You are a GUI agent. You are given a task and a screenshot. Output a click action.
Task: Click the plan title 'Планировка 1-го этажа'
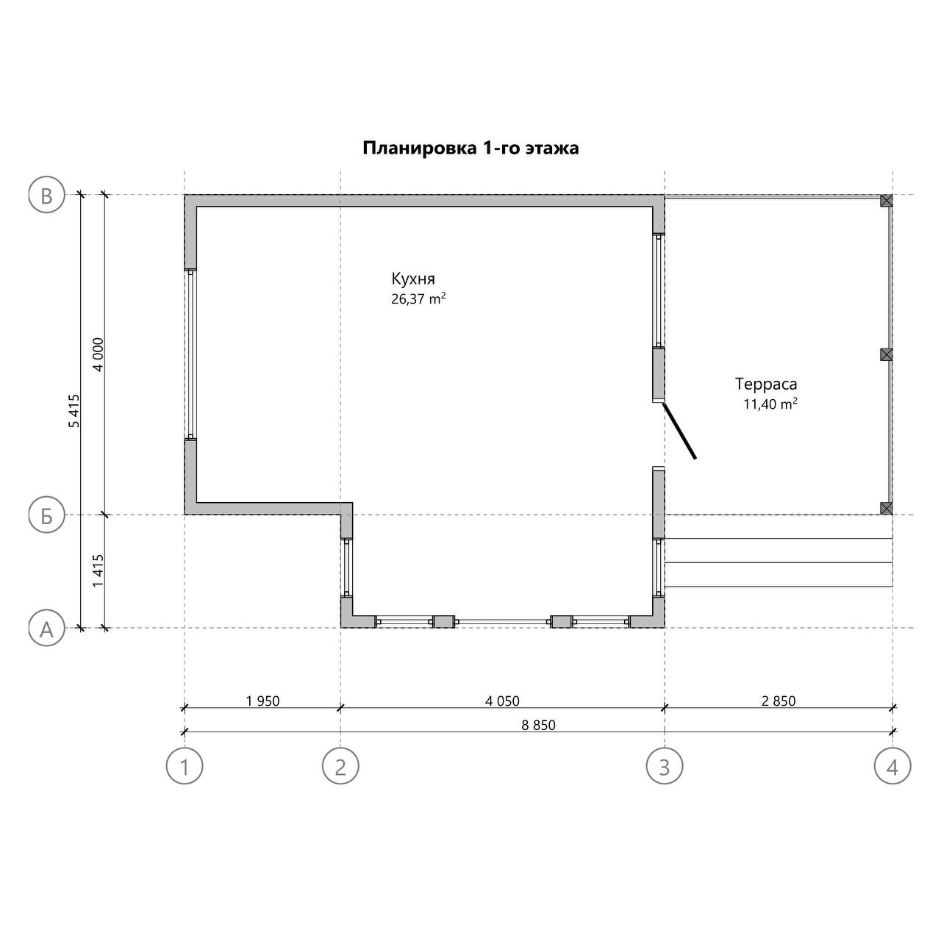[x=470, y=148]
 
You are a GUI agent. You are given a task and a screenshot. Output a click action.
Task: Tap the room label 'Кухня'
[x=412, y=279]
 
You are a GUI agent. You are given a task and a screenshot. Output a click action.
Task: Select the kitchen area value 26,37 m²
[x=418, y=298]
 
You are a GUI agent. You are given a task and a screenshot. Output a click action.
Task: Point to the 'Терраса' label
[x=766, y=384]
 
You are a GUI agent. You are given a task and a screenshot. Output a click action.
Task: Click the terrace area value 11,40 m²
[x=770, y=404]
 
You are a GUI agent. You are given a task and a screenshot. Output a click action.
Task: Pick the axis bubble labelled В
[x=46, y=196]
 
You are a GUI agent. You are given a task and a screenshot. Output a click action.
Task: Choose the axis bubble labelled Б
[x=46, y=515]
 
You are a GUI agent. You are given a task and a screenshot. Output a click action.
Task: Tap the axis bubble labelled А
[x=46, y=629]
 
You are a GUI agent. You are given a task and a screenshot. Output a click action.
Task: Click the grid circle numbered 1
[x=185, y=766]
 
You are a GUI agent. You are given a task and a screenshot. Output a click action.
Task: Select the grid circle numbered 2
[x=340, y=766]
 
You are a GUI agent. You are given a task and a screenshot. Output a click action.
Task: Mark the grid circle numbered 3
[x=665, y=766]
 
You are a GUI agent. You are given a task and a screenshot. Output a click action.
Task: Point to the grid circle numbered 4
[x=892, y=766]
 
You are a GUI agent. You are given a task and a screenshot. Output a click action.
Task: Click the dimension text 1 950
[x=262, y=701]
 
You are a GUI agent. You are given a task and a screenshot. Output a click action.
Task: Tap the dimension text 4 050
[x=502, y=701]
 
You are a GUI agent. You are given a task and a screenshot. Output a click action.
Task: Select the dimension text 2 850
[x=779, y=701]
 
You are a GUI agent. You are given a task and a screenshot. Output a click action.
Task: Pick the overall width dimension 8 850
[x=538, y=725]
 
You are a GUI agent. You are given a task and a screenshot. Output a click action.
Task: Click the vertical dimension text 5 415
[x=74, y=411]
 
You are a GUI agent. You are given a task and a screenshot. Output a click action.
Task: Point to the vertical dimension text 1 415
[x=99, y=571]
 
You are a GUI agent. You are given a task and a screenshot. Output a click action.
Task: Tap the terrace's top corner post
[x=887, y=200]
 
